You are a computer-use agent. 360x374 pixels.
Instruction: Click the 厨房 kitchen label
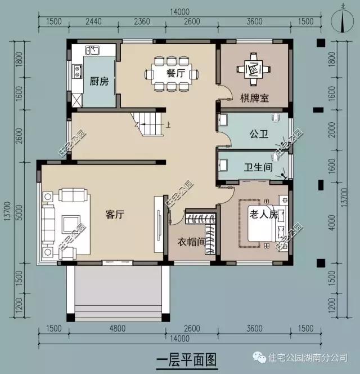coord(99,81)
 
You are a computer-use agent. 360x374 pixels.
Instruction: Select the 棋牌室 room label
coord(254,98)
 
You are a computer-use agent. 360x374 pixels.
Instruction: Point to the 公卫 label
coord(258,134)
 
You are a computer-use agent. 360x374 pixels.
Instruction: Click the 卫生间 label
coord(258,167)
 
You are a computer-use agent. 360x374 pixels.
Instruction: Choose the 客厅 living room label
coord(115,214)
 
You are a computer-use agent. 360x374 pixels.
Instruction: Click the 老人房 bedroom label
coord(264,215)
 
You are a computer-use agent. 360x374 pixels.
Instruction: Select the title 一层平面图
coord(185,358)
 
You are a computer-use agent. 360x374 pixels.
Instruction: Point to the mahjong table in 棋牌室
coord(253,69)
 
